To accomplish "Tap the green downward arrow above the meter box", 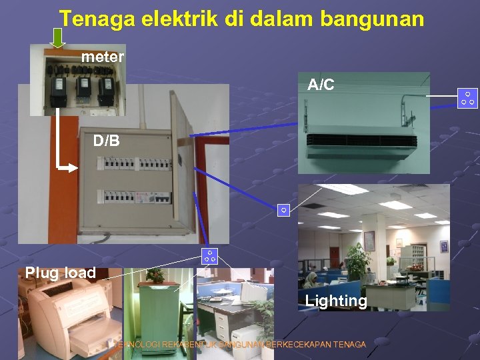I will click(59, 38).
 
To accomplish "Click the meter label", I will click(103, 57).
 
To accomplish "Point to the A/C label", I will click(321, 85).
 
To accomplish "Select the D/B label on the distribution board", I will click(107, 141).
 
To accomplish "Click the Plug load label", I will click(61, 273).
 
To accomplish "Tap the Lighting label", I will click(336, 301).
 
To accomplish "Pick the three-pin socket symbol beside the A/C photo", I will click(469, 98).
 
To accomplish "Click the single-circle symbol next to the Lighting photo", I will click(283, 211).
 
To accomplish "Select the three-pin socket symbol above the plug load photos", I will click(209, 255).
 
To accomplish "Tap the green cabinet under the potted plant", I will click(157, 313).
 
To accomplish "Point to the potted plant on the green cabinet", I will click(155, 274).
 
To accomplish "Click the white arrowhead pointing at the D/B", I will click(75, 167).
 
